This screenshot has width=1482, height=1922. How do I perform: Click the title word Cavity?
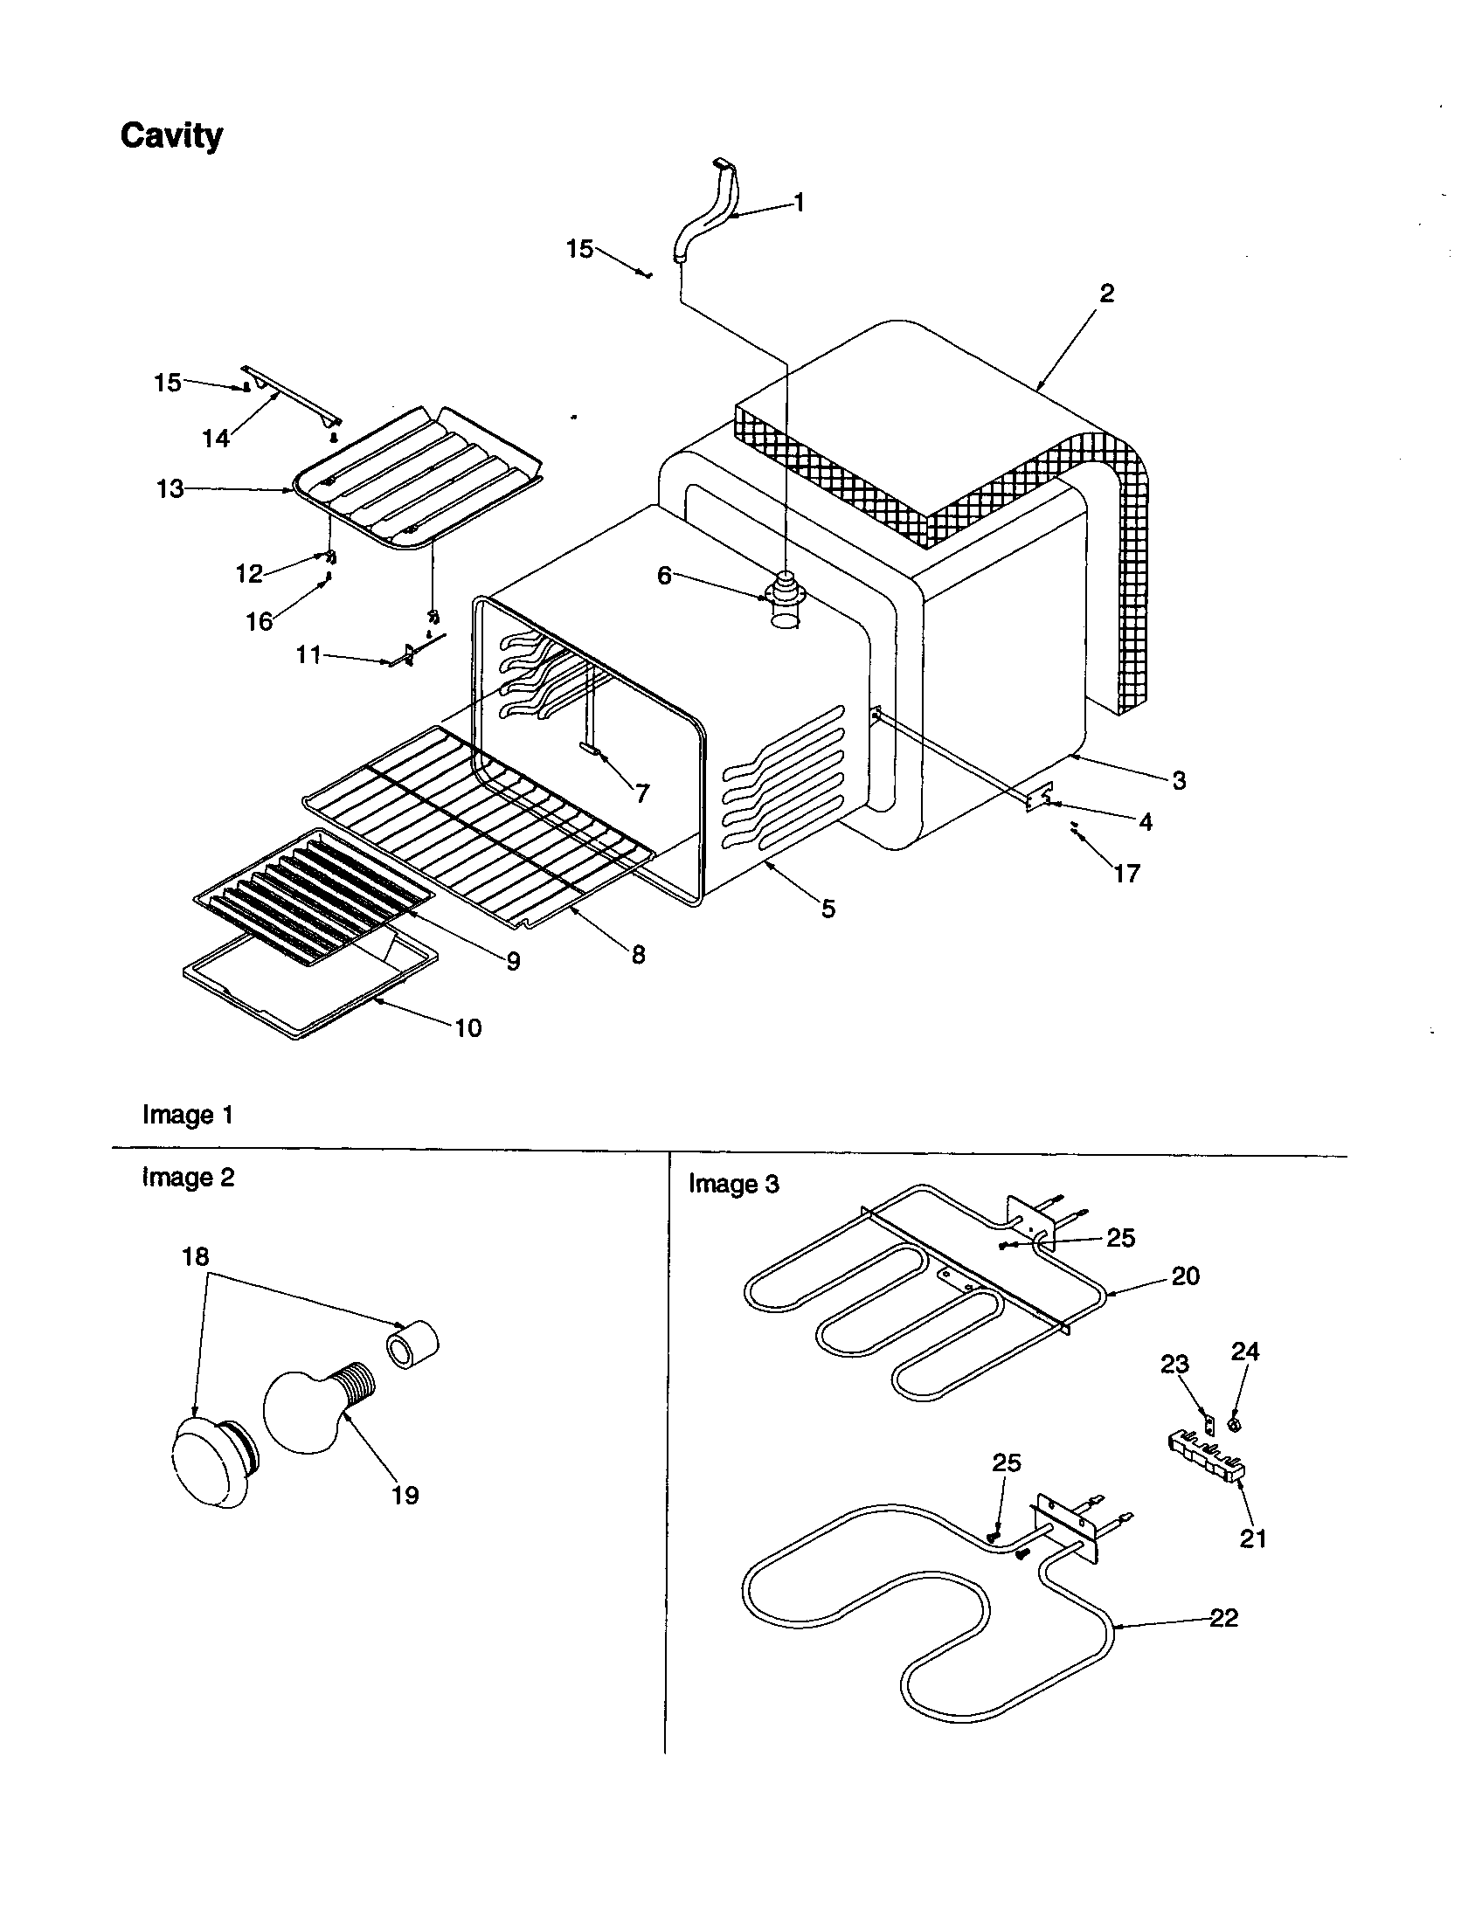click(x=170, y=135)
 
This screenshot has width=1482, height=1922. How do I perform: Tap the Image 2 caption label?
click(x=188, y=1178)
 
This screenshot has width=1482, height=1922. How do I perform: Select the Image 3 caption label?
click(x=733, y=1185)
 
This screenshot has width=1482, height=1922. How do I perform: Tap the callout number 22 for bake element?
click(x=1223, y=1617)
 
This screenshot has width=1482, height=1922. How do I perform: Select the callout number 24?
click(x=1244, y=1351)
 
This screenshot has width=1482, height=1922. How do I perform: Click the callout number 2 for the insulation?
click(x=1106, y=293)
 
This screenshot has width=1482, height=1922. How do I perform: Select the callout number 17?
click(x=1126, y=873)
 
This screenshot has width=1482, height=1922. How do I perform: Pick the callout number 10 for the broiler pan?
click(x=468, y=1027)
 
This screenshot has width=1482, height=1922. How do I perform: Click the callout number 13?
click(x=170, y=488)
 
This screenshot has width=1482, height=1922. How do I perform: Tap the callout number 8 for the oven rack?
click(x=638, y=954)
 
